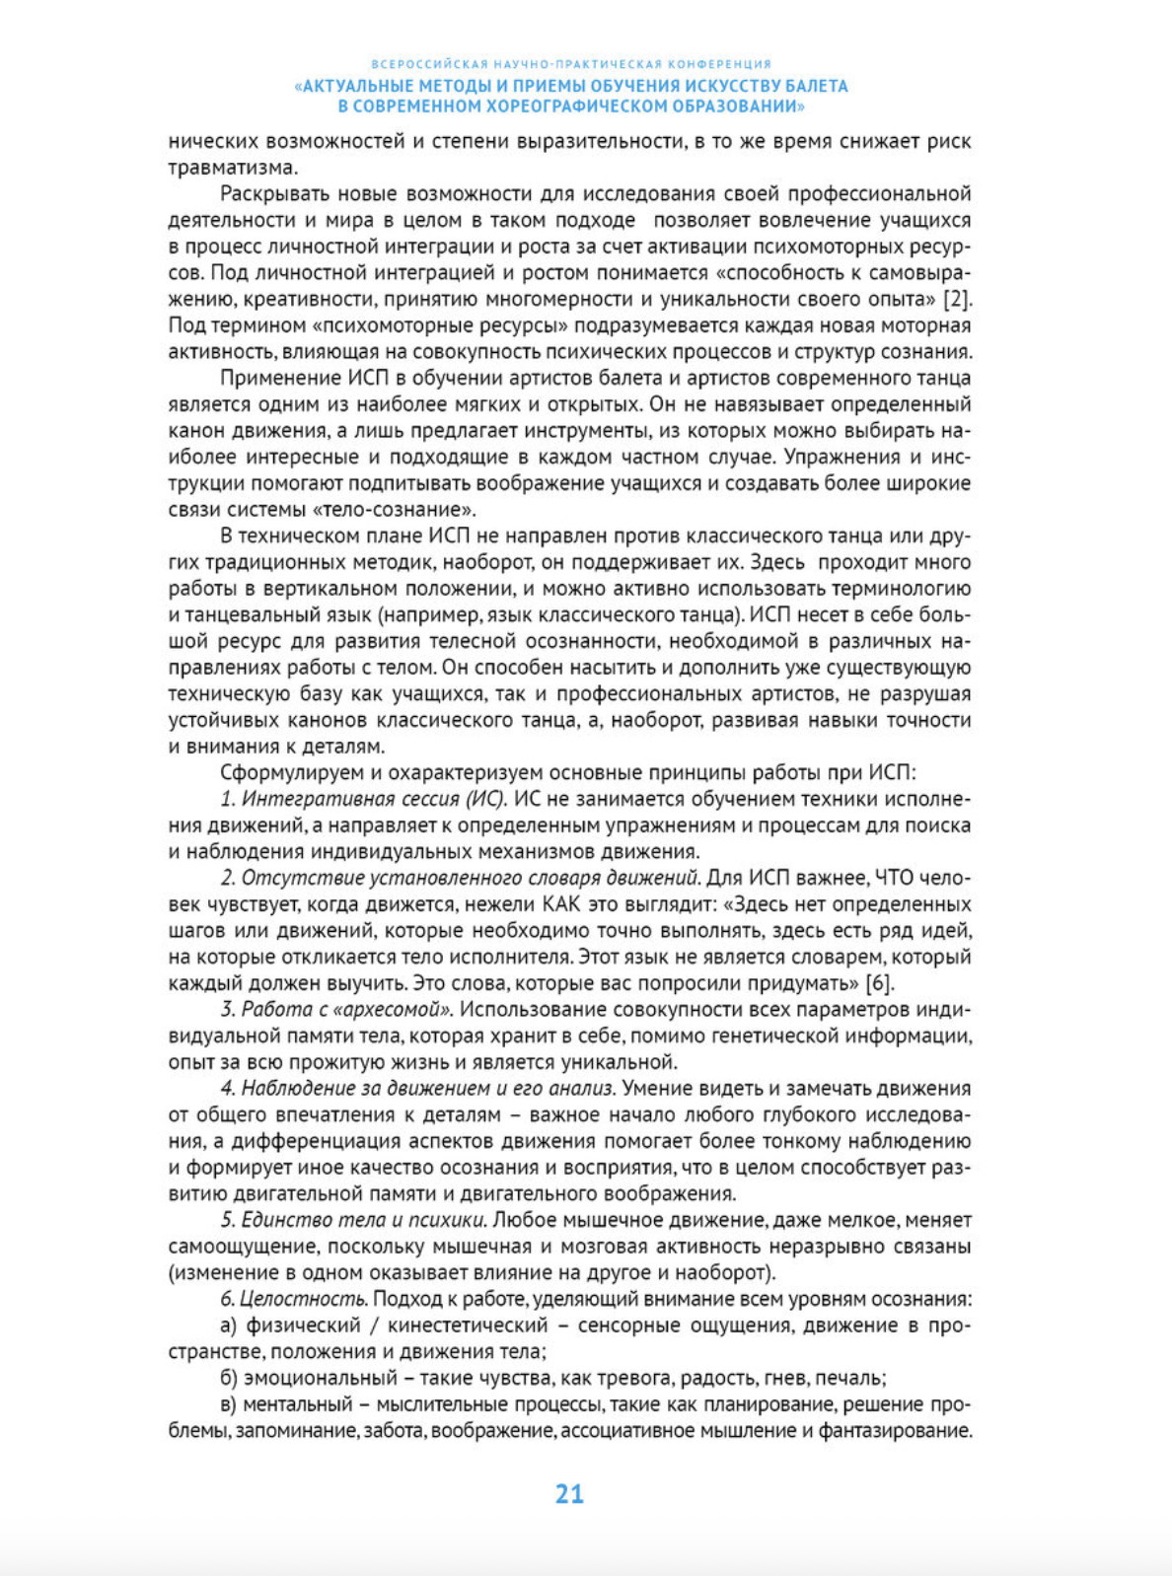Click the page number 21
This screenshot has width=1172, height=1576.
pyautogui.click(x=569, y=1493)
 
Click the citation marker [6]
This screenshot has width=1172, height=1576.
pyautogui.click(x=879, y=983)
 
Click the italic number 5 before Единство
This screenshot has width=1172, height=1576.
pyautogui.click(x=227, y=1220)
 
